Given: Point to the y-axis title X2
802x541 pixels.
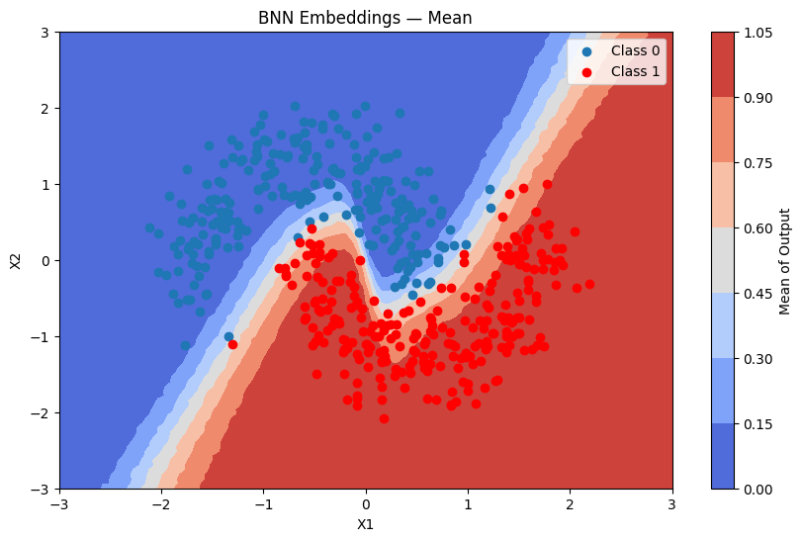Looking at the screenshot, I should tap(15, 261).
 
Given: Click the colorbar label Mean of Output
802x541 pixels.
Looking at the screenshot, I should tap(784, 261).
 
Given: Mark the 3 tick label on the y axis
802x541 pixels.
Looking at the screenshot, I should tap(45, 33).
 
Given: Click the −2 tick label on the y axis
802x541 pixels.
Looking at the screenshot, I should tap(42, 413).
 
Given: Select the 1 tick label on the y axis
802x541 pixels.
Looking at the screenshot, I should tap(45, 185).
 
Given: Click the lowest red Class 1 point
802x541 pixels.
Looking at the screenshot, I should tap(384, 418).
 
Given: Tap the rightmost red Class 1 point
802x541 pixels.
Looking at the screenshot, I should tap(589, 284).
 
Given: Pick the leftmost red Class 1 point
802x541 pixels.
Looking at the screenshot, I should tap(232, 344).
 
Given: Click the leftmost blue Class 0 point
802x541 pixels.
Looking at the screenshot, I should tap(150, 227).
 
